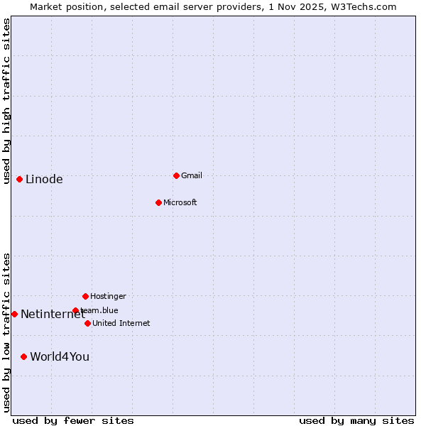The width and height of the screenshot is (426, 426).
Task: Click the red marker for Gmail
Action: click(176, 175)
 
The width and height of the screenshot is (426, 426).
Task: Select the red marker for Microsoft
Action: click(158, 202)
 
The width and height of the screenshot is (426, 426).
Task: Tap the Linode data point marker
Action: click(19, 179)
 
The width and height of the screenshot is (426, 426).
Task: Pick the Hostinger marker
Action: click(85, 296)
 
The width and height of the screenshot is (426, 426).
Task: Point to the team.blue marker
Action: click(75, 310)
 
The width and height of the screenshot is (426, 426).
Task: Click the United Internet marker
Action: click(87, 323)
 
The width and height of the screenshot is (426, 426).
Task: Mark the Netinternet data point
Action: click(14, 314)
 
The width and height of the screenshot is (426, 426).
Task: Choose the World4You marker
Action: click(23, 356)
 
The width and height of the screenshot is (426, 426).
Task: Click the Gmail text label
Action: click(192, 175)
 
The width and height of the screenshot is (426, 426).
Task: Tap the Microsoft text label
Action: click(180, 202)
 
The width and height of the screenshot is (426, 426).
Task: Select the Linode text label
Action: click(44, 179)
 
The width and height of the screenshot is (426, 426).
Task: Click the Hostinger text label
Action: click(108, 296)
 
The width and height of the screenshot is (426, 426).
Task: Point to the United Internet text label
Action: click(121, 323)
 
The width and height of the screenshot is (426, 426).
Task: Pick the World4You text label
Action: click(60, 356)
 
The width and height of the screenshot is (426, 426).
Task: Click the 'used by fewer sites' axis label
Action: click(73, 420)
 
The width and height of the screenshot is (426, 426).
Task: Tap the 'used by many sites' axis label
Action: click(356, 420)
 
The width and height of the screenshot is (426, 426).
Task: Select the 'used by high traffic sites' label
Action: click(6, 101)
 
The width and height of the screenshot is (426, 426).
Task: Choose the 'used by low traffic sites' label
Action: click(6, 332)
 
